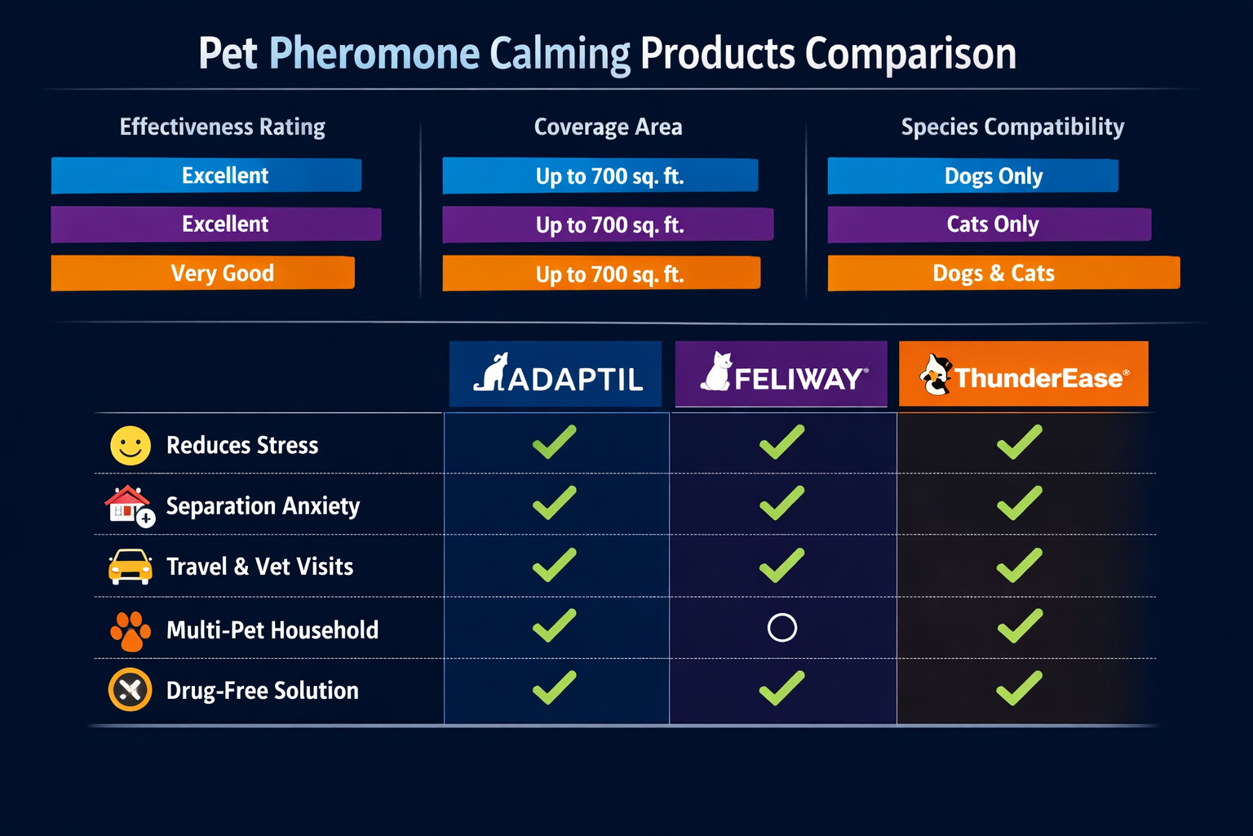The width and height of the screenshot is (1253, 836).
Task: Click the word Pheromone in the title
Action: coord(374,54)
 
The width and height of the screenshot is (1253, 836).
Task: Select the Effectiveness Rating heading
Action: coord(222,127)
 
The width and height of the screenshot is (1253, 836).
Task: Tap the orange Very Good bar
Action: coord(203,273)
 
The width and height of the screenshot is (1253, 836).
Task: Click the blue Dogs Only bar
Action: coord(972,176)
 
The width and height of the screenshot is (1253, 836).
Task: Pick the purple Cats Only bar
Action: coord(989,225)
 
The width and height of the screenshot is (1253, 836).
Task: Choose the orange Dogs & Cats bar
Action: coord(1003,273)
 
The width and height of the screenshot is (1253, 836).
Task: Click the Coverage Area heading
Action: coord(608,127)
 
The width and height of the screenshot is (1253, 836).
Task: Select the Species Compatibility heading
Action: coord(1012,127)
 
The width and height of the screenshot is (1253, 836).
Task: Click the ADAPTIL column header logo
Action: coord(556,375)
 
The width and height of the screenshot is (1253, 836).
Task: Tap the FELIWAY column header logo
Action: coord(781,375)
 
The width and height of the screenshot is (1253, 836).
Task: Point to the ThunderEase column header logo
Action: coord(1023,375)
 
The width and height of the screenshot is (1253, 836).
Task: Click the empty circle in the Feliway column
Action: coord(781,628)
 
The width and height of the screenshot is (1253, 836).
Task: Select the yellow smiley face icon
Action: coord(131,446)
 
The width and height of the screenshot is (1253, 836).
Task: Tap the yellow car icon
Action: coord(131,567)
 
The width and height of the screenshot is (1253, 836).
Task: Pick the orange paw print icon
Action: coord(131,630)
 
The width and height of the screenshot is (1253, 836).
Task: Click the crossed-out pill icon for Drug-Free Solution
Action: coord(131,690)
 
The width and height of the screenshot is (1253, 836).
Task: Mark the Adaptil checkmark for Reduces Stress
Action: coord(555,442)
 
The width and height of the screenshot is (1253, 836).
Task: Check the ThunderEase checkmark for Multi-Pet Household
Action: coord(1020,626)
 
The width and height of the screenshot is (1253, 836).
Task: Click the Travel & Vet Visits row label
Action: coord(259,567)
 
